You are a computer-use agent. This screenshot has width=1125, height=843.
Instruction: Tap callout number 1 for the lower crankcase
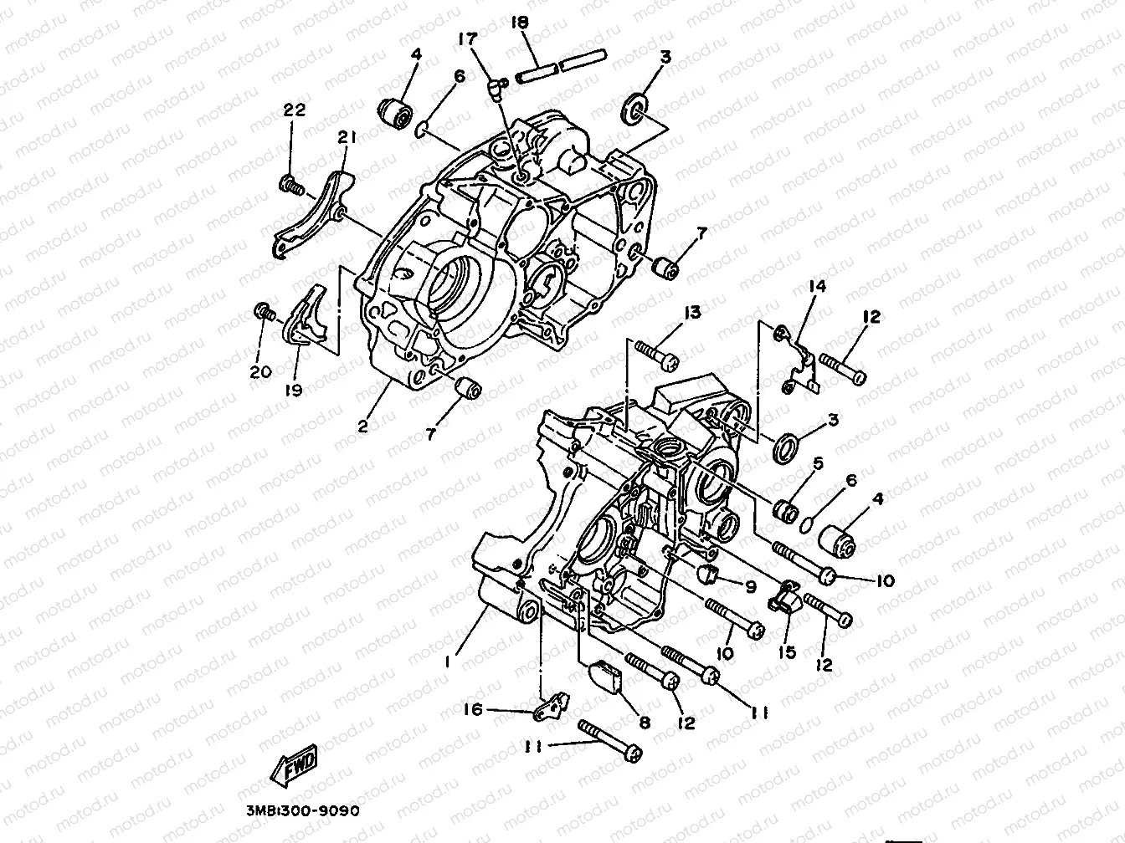(x=449, y=661)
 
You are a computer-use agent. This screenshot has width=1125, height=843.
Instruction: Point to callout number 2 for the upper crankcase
(x=362, y=425)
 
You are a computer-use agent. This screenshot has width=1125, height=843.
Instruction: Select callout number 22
(x=295, y=110)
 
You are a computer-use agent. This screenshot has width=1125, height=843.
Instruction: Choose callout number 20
(x=260, y=371)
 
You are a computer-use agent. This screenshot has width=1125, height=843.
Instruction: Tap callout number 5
(x=817, y=462)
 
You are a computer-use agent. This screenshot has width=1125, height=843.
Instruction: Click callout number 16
(x=474, y=709)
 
